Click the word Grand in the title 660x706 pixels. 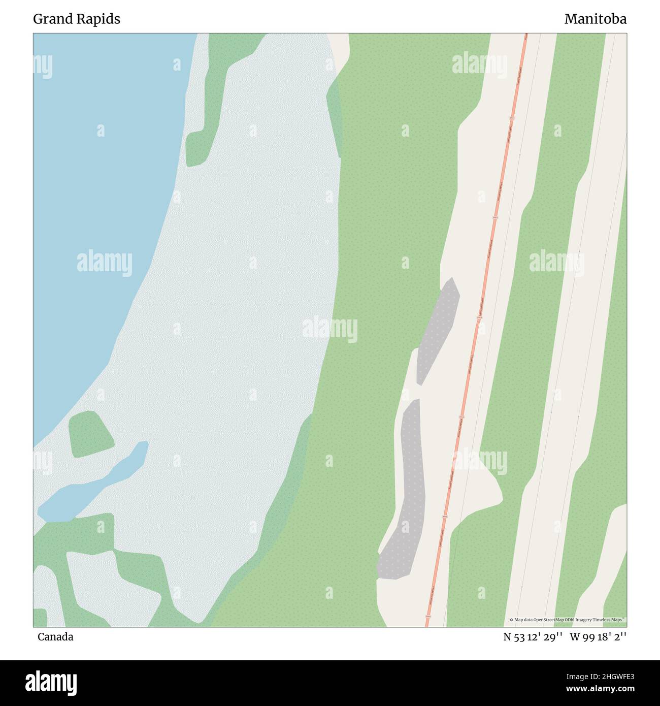coord(52,19)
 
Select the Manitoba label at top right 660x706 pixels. coord(595,19)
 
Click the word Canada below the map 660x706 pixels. coord(55,637)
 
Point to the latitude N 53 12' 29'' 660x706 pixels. coord(533,637)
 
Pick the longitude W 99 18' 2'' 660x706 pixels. coord(598,637)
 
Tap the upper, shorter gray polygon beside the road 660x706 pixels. coord(438,330)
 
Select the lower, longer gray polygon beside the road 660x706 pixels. coord(409,498)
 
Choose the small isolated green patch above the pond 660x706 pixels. coord(90,433)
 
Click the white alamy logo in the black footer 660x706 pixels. coord(51,683)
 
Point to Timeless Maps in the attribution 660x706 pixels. coord(612,620)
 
